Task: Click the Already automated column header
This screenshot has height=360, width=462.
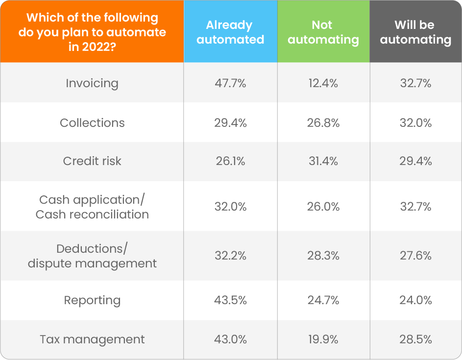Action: (230, 32)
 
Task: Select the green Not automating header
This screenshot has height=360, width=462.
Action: (323, 32)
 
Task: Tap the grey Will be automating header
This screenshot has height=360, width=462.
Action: (415, 32)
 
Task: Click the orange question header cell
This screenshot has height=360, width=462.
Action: (92, 32)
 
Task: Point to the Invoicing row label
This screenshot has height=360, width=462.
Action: (92, 83)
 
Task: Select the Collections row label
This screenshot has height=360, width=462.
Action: (92, 123)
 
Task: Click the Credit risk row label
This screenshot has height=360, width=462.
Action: (92, 161)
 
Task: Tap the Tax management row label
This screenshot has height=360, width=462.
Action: (92, 339)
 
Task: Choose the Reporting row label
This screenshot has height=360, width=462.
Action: (92, 300)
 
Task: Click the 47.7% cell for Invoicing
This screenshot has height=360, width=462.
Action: (230, 83)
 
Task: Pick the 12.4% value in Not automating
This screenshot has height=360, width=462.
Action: (323, 83)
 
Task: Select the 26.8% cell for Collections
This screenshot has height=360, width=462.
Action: (323, 123)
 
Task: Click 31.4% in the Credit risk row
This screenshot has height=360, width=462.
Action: (323, 161)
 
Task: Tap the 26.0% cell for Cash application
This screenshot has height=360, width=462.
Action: (323, 207)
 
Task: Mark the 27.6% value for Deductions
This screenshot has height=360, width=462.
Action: (415, 256)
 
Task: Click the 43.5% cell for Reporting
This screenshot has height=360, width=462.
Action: (230, 300)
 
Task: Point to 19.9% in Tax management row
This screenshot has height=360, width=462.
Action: (323, 339)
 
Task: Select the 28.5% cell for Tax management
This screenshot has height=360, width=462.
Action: (415, 339)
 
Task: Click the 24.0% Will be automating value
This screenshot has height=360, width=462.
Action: (415, 300)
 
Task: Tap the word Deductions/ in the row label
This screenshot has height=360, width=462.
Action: (92, 249)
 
